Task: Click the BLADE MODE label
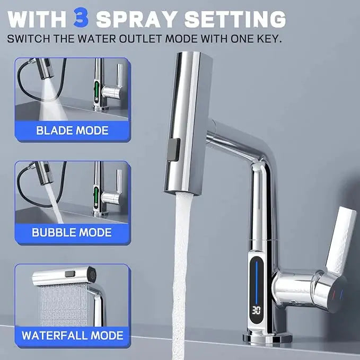[x=72, y=130]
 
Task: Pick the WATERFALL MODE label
[x=72, y=335]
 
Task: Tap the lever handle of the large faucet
[x=340, y=239]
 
